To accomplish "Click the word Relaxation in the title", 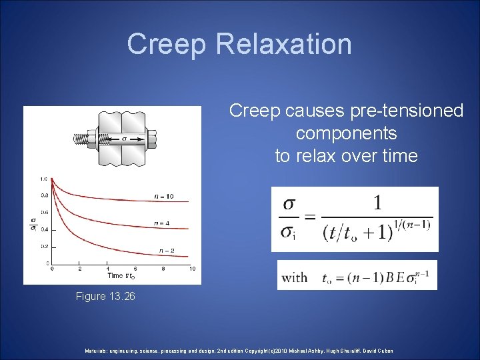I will [x=283, y=44].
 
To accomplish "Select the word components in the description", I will [x=346, y=133].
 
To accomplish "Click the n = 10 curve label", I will [x=165, y=196].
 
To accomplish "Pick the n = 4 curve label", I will [x=161, y=223].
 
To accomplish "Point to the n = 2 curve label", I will [x=166, y=250].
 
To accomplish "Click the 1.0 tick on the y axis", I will [x=44, y=179].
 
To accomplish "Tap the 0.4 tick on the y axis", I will [x=44, y=229].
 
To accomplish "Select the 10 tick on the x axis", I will [x=192, y=269].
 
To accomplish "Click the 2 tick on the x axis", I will [x=80, y=269].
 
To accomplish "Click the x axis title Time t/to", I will [x=121, y=275].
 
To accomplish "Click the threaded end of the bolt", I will [x=81, y=140].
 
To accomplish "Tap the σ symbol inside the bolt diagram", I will [x=123, y=139].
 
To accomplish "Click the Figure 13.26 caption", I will [x=105, y=296].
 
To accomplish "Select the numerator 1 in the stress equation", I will [x=377, y=203].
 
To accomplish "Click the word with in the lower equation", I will [x=295, y=277].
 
